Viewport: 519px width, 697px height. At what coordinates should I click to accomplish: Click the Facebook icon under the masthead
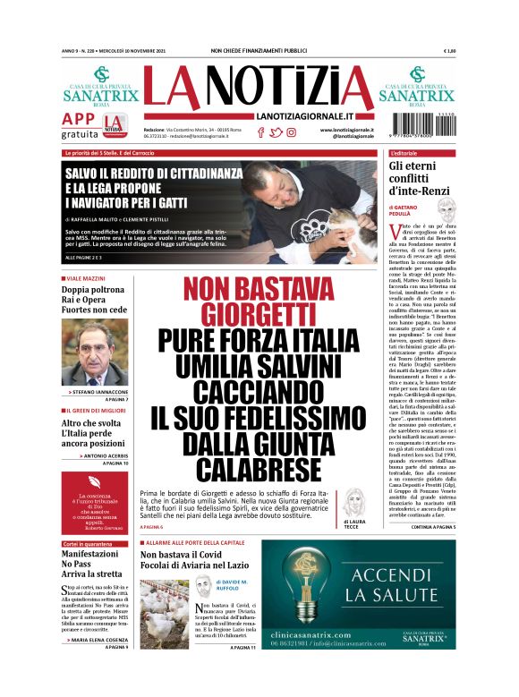point(260,132)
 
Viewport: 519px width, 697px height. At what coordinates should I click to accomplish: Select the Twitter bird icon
point(277,132)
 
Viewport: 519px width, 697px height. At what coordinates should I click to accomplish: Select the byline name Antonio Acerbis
point(99,455)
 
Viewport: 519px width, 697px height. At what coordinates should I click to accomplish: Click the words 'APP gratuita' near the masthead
point(79,126)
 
